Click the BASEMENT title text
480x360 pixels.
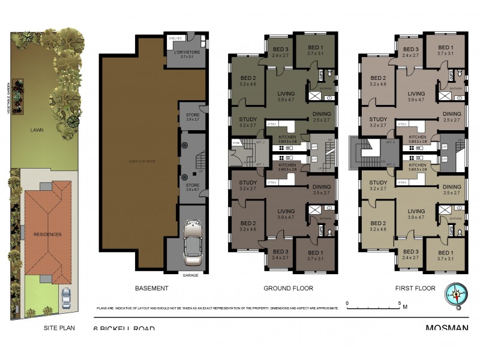click(151, 289)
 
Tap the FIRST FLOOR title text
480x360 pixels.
click(415, 289)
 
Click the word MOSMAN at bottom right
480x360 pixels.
click(447, 328)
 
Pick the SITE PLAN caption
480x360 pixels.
click(58, 329)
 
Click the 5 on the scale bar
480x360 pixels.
click(399, 302)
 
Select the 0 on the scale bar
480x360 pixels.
click(347, 302)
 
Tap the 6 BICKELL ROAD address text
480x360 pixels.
click(124, 329)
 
